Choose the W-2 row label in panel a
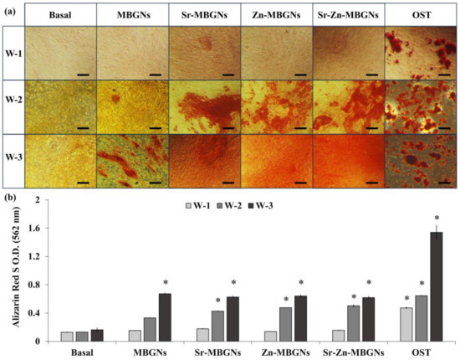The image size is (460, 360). pyautogui.click(x=13, y=105)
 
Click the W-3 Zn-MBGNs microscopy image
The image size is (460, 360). pyautogui.click(x=276, y=161)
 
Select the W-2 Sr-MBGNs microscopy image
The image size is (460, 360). pyautogui.click(x=203, y=105)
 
